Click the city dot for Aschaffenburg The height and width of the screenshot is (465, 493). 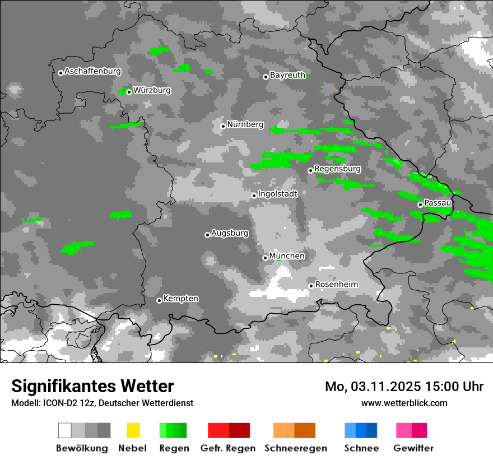[x=61, y=73]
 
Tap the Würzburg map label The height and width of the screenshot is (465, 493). [x=152, y=90]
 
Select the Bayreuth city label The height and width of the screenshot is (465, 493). [x=287, y=75]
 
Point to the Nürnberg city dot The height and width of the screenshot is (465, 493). [x=223, y=126]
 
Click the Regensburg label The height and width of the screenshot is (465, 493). [x=337, y=169]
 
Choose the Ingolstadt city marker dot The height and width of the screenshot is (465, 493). [x=254, y=196]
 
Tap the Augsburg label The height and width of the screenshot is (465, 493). [x=230, y=233]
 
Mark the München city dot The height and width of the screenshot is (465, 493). [x=266, y=258]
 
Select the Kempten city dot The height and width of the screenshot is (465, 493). [x=159, y=300]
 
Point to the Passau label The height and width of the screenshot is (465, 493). [x=438, y=203]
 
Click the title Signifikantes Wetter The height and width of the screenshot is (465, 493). [x=92, y=386]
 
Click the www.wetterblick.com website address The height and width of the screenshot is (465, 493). [x=404, y=403]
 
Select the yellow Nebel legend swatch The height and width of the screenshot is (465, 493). [x=133, y=430]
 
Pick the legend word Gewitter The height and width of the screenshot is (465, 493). [x=413, y=448]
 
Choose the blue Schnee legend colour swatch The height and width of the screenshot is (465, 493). [x=361, y=430]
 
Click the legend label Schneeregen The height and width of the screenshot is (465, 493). [x=295, y=448]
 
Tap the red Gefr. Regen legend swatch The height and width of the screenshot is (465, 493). [x=229, y=430]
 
